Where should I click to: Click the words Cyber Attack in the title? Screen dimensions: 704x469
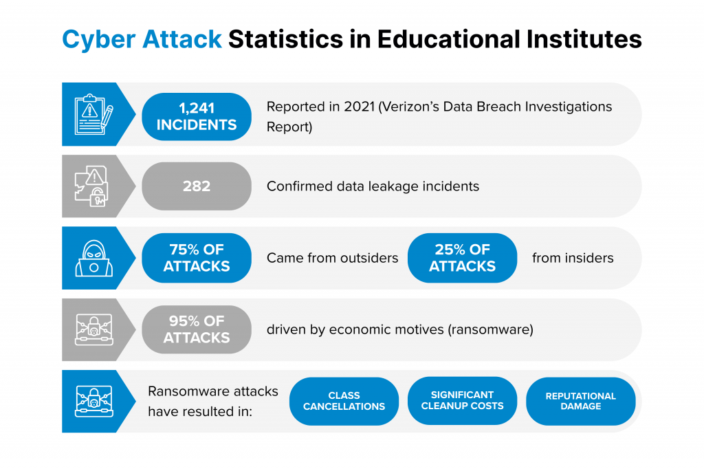point(142,39)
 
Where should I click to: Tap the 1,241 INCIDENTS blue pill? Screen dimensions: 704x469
point(197,117)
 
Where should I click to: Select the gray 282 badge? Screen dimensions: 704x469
point(197,186)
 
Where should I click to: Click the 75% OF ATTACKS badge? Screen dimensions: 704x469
point(197,258)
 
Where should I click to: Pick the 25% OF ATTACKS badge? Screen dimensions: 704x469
point(463,258)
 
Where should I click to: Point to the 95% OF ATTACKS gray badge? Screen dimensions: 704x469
point(197,329)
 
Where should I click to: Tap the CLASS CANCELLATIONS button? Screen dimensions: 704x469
point(344,401)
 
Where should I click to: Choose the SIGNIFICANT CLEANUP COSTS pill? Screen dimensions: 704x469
point(463,401)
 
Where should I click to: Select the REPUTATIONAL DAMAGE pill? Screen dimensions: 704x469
point(581,401)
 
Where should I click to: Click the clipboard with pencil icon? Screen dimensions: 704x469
point(93,115)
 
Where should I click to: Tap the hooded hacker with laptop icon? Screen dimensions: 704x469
point(93,259)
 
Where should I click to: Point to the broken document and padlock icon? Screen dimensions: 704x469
point(92,186)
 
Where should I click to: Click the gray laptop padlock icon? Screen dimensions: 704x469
point(93,329)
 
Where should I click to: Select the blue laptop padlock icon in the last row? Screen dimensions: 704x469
point(93,401)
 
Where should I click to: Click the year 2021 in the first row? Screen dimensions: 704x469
point(359,107)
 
